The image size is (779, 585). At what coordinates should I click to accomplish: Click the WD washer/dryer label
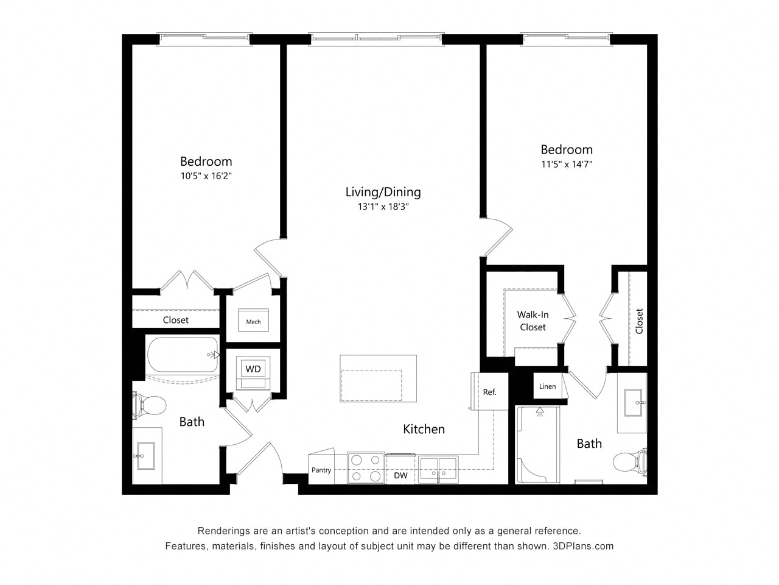point(253,369)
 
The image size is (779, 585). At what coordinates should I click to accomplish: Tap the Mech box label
point(253,322)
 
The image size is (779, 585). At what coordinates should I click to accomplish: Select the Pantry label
point(321,470)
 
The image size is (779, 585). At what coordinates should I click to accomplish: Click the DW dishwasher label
point(400,475)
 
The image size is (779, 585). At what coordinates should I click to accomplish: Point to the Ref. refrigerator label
point(489,392)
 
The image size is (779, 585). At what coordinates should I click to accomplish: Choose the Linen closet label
point(547,386)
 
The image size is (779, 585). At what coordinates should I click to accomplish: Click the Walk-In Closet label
point(533,321)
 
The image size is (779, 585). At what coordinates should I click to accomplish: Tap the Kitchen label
point(424,429)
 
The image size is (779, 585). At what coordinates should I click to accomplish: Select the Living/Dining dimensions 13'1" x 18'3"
point(383,207)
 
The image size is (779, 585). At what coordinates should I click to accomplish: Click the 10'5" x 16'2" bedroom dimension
point(206,176)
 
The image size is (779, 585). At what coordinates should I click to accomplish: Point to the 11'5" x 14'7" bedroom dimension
point(567,164)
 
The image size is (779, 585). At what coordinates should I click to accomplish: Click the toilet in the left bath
point(150,405)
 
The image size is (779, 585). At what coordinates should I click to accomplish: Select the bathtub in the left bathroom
point(183,355)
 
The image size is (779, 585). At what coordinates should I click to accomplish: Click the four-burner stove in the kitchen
point(366,467)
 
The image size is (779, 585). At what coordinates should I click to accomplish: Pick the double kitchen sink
point(438,470)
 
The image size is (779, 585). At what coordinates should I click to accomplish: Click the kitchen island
point(378,378)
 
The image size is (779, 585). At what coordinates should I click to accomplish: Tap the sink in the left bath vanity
point(146,456)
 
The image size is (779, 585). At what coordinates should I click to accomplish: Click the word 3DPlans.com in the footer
point(583,546)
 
